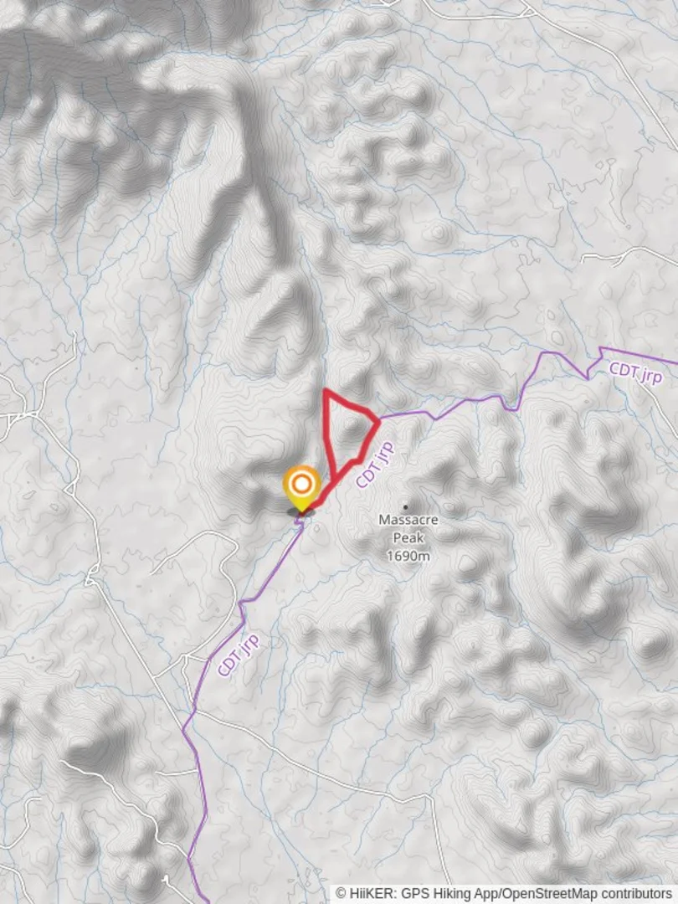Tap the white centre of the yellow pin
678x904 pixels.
click(300, 484)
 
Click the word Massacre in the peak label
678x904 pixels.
click(408, 520)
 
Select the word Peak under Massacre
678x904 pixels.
click(408, 538)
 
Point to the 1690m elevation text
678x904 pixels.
click(408, 556)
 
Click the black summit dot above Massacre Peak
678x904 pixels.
click(406, 506)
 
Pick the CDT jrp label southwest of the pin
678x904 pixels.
click(239, 655)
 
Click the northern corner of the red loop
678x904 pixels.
click(326, 391)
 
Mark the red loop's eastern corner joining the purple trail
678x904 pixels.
click(378, 419)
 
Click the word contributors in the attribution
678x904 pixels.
click(639, 894)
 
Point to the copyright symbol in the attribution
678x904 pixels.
click(341, 894)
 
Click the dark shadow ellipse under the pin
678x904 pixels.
click(300, 511)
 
